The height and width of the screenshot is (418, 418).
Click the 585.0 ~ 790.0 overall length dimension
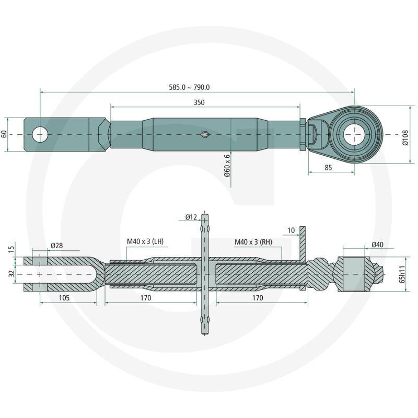pos(198,87)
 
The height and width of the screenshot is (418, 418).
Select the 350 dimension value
pos(199,102)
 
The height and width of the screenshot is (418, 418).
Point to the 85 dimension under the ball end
pos(328,168)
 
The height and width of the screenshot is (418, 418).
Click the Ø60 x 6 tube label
pos(227,165)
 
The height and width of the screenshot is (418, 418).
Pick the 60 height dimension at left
pos(5,134)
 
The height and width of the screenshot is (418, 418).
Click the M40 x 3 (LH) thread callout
pos(145,242)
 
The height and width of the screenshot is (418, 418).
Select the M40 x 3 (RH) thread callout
pos(252,242)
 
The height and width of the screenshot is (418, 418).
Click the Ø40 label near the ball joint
pos(377,244)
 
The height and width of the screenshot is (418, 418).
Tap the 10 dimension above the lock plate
pos(291,230)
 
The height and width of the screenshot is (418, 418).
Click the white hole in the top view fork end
pos(40,134)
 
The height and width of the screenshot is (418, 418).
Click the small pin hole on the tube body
pos(205,135)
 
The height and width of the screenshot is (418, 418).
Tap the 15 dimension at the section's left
pos(11,250)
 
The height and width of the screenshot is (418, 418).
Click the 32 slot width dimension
pos(11,273)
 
